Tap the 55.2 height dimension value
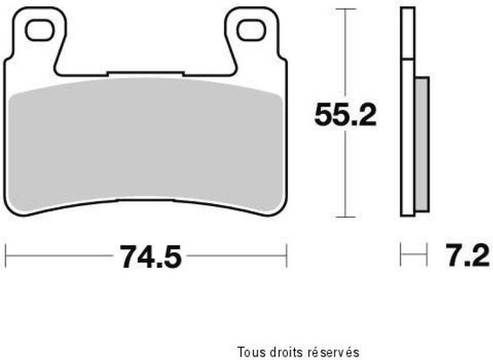342,114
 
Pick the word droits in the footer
282,351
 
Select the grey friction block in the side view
422,143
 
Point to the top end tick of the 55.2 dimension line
342,12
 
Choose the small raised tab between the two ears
145,73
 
